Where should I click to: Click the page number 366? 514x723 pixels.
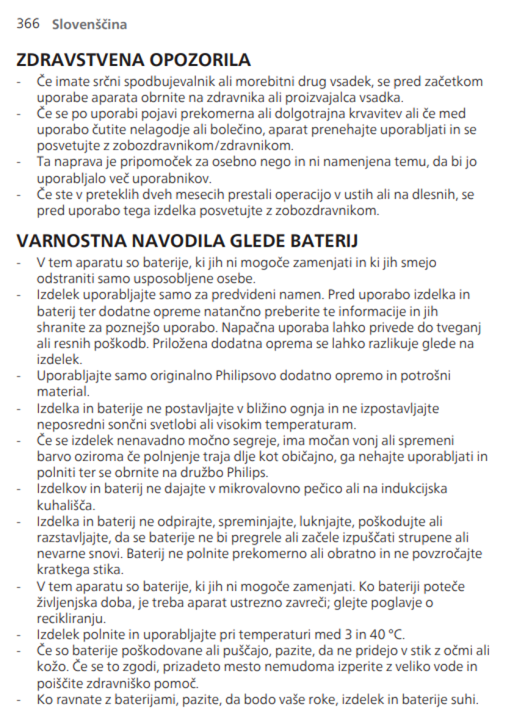pos(27,23)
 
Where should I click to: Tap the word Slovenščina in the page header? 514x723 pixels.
pos(90,24)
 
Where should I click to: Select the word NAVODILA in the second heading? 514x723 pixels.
pos(189,241)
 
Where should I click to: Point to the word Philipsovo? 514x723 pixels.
pos(249,376)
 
